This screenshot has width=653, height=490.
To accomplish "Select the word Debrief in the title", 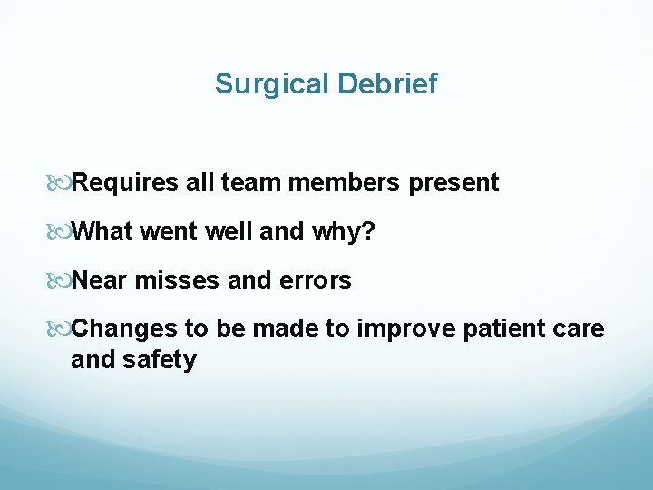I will [387, 84].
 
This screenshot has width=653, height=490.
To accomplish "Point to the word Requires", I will [125, 183].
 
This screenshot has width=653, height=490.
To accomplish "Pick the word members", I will [345, 183].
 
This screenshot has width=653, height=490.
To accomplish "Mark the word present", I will [453, 183].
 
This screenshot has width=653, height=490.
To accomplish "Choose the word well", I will [229, 232].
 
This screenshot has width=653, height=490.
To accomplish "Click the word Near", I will [100, 281].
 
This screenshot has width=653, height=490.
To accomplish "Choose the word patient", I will [500, 329].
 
